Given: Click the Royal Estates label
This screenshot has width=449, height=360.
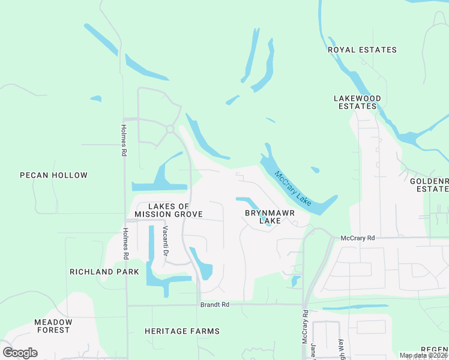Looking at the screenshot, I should coord(363,50).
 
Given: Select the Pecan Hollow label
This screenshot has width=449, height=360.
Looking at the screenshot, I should coord(53,176).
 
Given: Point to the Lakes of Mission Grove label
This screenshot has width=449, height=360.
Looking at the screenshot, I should coord(168,210).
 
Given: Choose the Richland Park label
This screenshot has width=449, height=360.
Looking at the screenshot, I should coord(104,272).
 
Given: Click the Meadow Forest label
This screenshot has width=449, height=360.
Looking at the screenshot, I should coord(53,326).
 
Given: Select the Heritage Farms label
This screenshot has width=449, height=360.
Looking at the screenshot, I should coord(182,331).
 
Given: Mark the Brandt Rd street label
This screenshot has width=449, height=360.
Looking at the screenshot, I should coord(215,305).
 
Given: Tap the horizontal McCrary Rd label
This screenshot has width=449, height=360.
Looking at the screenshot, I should coord(357,238).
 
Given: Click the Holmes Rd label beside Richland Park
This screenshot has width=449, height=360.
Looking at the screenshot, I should coord(125,244).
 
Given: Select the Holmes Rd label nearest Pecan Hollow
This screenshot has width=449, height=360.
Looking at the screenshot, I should coord(124,140).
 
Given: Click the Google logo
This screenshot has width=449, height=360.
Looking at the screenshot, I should coord(20,353).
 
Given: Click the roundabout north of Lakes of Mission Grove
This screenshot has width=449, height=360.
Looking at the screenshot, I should coord(170,129).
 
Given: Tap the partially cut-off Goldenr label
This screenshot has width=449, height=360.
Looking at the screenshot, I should coord(429,184).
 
